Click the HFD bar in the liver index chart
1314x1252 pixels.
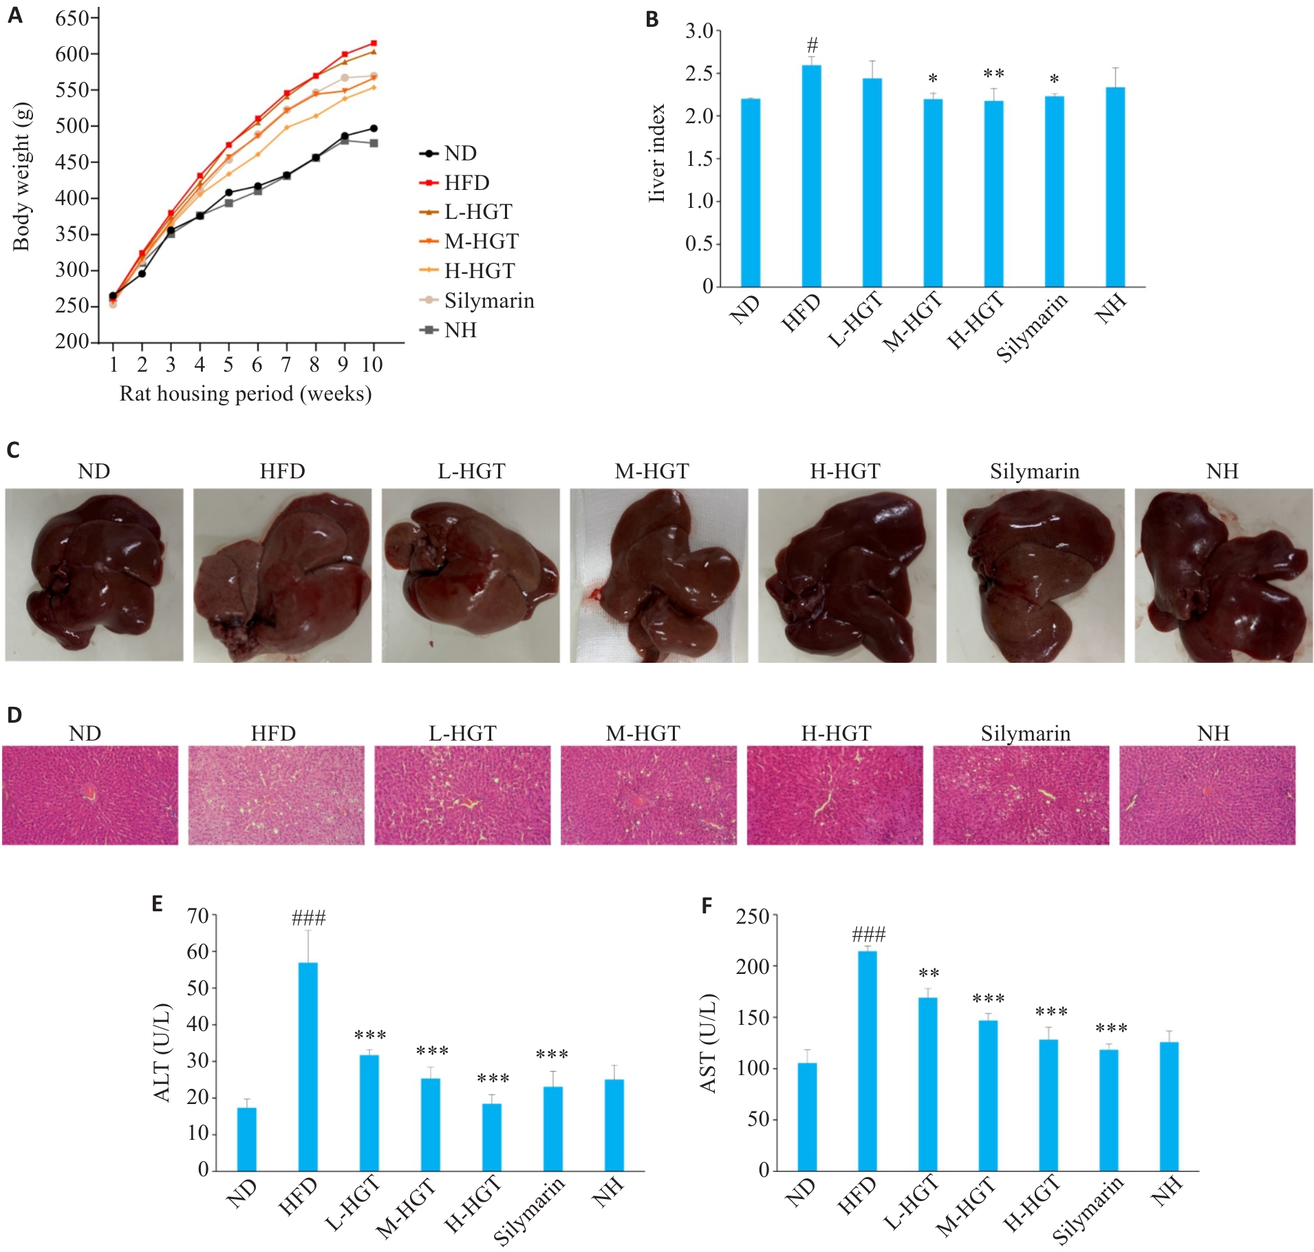click(x=811, y=176)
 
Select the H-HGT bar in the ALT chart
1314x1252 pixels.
click(x=491, y=1137)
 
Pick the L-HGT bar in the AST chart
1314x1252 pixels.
click(x=927, y=1084)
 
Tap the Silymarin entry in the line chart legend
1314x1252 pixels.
click(x=488, y=301)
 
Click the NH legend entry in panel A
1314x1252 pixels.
click(x=460, y=330)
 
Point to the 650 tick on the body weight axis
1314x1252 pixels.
click(x=72, y=18)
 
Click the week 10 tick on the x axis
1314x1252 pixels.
click(x=372, y=365)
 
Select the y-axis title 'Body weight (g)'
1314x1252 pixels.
click(x=21, y=177)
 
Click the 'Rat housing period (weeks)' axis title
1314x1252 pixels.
click(x=246, y=394)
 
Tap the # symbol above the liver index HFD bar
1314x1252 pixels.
click(x=812, y=45)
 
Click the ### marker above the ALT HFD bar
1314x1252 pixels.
click(x=308, y=917)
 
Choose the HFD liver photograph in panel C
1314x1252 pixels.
click(x=282, y=575)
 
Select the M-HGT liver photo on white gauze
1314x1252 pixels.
click(x=658, y=575)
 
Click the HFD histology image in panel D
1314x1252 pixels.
click(x=276, y=795)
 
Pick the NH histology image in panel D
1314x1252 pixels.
click(x=1207, y=795)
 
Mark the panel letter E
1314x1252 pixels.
click(x=157, y=904)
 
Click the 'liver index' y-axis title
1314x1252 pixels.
click(x=657, y=153)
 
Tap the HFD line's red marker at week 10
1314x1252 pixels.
click(x=374, y=43)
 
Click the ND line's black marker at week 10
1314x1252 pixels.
click(x=374, y=129)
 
